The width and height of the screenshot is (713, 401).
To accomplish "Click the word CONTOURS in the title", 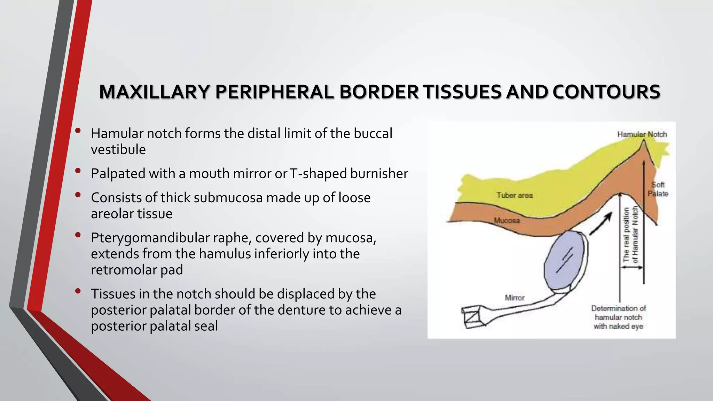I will pyautogui.click(x=606, y=92).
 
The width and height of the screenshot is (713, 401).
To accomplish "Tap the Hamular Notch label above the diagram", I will pyautogui.click(x=642, y=134).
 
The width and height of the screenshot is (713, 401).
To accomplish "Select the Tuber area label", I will pyautogui.click(x=515, y=195).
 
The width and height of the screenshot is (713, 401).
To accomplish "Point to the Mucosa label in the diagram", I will pyautogui.click(x=507, y=220).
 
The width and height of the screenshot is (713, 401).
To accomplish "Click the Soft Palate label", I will pyautogui.click(x=658, y=189).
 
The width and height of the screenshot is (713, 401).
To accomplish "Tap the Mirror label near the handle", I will pyautogui.click(x=515, y=298).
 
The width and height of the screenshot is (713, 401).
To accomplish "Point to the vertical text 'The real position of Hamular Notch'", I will pyautogui.click(x=630, y=235).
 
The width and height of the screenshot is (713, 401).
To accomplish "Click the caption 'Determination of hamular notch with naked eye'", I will pyautogui.click(x=618, y=317).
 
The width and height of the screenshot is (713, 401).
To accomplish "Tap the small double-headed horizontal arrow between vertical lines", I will pyautogui.click(x=632, y=267).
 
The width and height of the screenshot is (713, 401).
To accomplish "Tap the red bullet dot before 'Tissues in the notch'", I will pyautogui.click(x=78, y=291).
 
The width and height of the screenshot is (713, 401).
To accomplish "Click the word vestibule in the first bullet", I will pyautogui.click(x=118, y=150).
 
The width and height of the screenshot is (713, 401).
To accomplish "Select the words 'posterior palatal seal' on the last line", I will pyautogui.click(x=154, y=326).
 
